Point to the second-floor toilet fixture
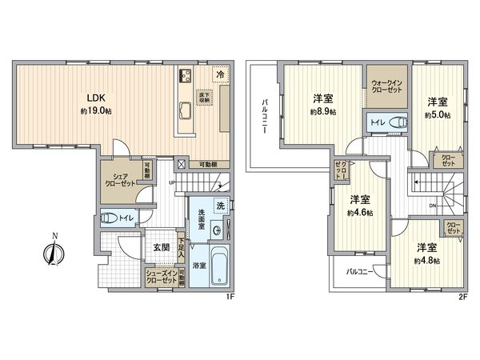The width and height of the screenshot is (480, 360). [x=393, y=122]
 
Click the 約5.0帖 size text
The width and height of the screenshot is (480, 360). [x=437, y=115]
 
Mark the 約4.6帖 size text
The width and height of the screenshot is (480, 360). [x=359, y=214]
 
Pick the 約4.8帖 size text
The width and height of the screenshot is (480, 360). [x=426, y=262]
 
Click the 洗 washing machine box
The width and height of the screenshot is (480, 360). [x=218, y=205]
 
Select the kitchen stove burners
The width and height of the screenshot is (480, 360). [x=183, y=76]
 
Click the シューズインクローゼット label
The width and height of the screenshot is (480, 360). [x=161, y=276]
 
